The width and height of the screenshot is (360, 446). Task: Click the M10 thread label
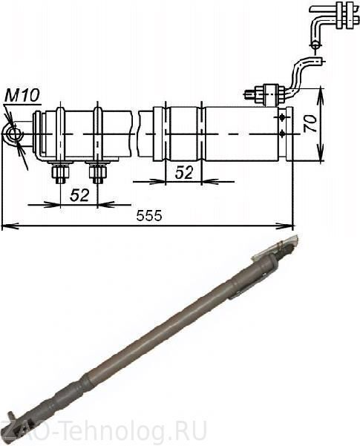pyautogui.click(x=22, y=95)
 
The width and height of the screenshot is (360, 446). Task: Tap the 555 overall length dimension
pyautogui.click(x=149, y=216)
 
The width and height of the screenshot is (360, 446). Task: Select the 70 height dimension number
pyautogui.click(x=310, y=123)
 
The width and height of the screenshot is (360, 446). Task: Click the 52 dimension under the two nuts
pyautogui.click(x=79, y=195)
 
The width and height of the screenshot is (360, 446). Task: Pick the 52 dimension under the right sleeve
pyautogui.click(x=184, y=172)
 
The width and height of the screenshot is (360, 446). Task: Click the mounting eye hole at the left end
pyautogui.click(x=13, y=134)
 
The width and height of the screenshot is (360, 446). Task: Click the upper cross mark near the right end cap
pyautogui.click(x=282, y=117)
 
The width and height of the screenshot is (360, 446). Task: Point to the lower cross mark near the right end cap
pyautogui.click(x=282, y=134)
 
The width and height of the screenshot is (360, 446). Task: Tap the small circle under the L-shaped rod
pyautogui.click(x=315, y=46)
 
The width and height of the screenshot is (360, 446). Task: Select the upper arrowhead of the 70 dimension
pyautogui.click(x=321, y=94)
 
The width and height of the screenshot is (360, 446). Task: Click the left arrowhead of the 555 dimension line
pyautogui.click(x=9, y=226)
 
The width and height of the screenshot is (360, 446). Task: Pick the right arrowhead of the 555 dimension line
pyautogui.click(x=286, y=226)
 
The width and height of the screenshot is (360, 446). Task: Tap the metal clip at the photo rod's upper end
pyautogui.click(x=275, y=247)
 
